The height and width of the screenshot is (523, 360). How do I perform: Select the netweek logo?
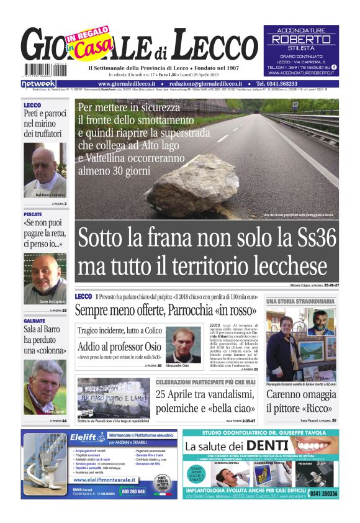coord(38,83)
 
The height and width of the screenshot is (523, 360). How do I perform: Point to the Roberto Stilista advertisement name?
coord(301,39)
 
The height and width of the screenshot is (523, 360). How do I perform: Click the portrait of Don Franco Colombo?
coord(45,171)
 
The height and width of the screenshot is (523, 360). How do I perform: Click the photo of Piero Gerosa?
coord(45,388)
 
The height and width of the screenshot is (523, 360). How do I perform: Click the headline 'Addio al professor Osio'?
coord(120,347)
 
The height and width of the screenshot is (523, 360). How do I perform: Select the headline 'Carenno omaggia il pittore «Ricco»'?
coord(302,401)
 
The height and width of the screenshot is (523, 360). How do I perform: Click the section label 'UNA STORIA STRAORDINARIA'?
coord(301,301)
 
